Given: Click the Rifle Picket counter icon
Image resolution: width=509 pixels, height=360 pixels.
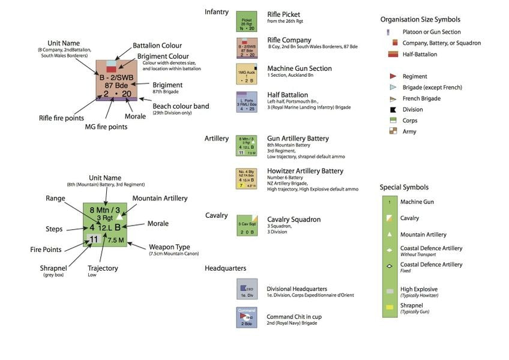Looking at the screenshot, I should pos(246,22).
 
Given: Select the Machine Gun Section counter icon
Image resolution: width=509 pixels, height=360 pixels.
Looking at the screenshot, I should pos(246,74).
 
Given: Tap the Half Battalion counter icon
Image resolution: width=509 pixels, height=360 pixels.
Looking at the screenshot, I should pos(246,102).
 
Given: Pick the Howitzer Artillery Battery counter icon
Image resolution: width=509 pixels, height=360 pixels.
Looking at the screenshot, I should pos(246,179).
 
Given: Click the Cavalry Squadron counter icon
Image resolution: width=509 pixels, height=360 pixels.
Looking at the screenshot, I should pos(246,226).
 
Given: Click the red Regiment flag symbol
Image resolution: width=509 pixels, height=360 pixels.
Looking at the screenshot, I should pos(392,76).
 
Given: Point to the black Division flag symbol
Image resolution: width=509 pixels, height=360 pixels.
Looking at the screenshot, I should pos(392,110).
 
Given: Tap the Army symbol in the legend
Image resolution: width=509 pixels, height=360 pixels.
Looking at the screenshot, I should pos(392,131).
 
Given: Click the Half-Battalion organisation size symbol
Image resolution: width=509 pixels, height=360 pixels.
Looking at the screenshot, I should pos(393,55).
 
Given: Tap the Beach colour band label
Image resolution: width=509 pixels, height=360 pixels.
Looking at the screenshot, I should pos(181,106).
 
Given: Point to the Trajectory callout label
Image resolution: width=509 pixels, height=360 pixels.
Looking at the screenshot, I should pos(103,268).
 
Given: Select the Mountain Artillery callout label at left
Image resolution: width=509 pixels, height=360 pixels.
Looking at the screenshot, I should pos(160,198).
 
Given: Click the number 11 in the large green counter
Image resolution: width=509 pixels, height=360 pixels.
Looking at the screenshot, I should pos(94,239).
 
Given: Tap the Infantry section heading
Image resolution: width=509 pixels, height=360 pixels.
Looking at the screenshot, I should pos(217,11).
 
